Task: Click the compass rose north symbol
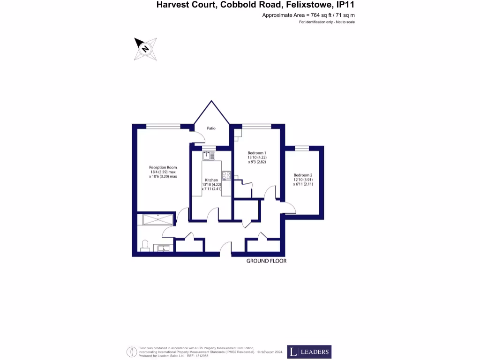(x=145, y=49)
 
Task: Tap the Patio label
(x=211, y=128)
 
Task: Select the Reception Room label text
(x=163, y=167)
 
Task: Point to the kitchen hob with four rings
(x=226, y=176)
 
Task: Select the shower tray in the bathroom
(x=157, y=219)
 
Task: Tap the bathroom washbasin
(x=165, y=248)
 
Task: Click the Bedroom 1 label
(x=257, y=153)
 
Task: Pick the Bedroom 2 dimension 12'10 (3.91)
(x=303, y=180)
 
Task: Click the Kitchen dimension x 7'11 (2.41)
(x=210, y=189)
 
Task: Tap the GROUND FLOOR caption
(x=266, y=261)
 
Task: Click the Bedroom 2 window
(x=302, y=148)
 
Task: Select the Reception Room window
(x=158, y=126)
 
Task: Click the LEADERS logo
(x=309, y=352)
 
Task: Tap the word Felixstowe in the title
(x=305, y=6)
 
